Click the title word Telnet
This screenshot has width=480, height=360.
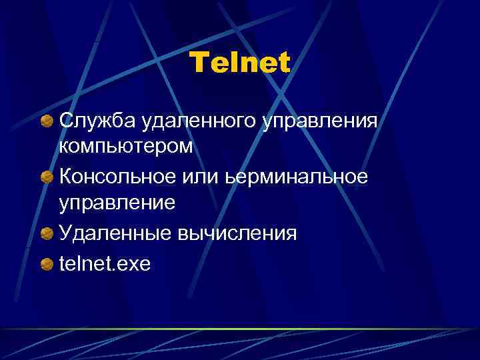(240, 64)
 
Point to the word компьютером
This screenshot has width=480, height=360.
(126, 147)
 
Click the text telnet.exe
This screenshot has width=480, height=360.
(105, 265)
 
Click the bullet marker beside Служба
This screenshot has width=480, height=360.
(47, 122)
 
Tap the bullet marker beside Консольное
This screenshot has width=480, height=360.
(47, 178)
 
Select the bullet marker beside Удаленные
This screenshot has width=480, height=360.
(47, 234)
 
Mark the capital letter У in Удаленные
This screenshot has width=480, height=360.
(65, 234)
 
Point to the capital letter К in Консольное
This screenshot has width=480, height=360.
(66, 178)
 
